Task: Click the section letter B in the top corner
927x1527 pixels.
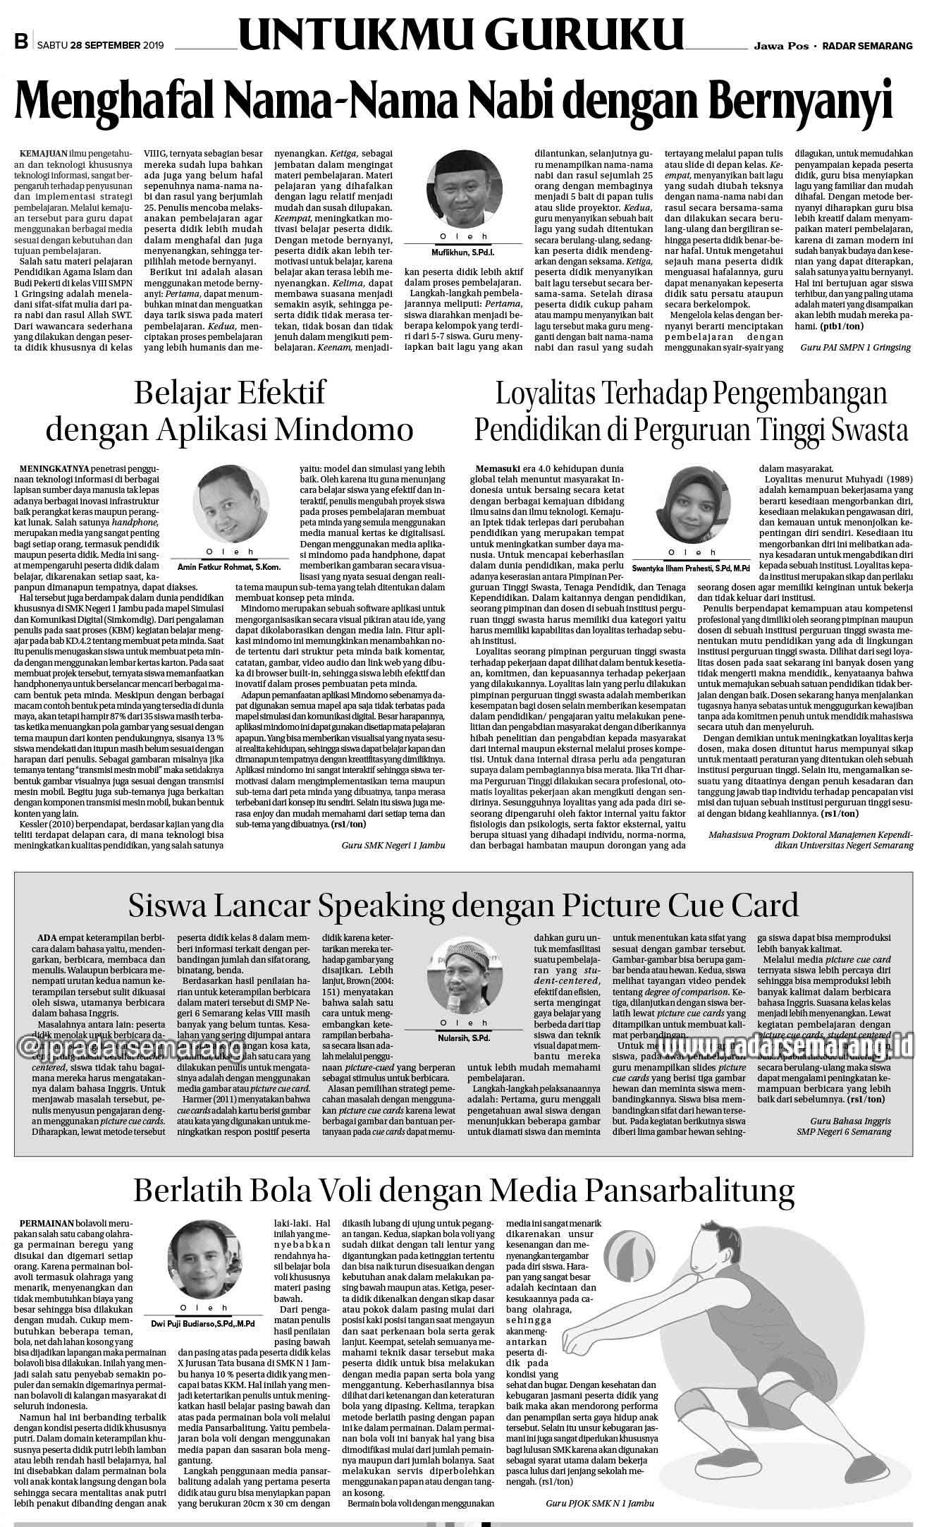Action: pyautogui.click(x=20, y=44)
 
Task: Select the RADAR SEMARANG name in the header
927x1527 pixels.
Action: pyautogui.click(x=868, y=46)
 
